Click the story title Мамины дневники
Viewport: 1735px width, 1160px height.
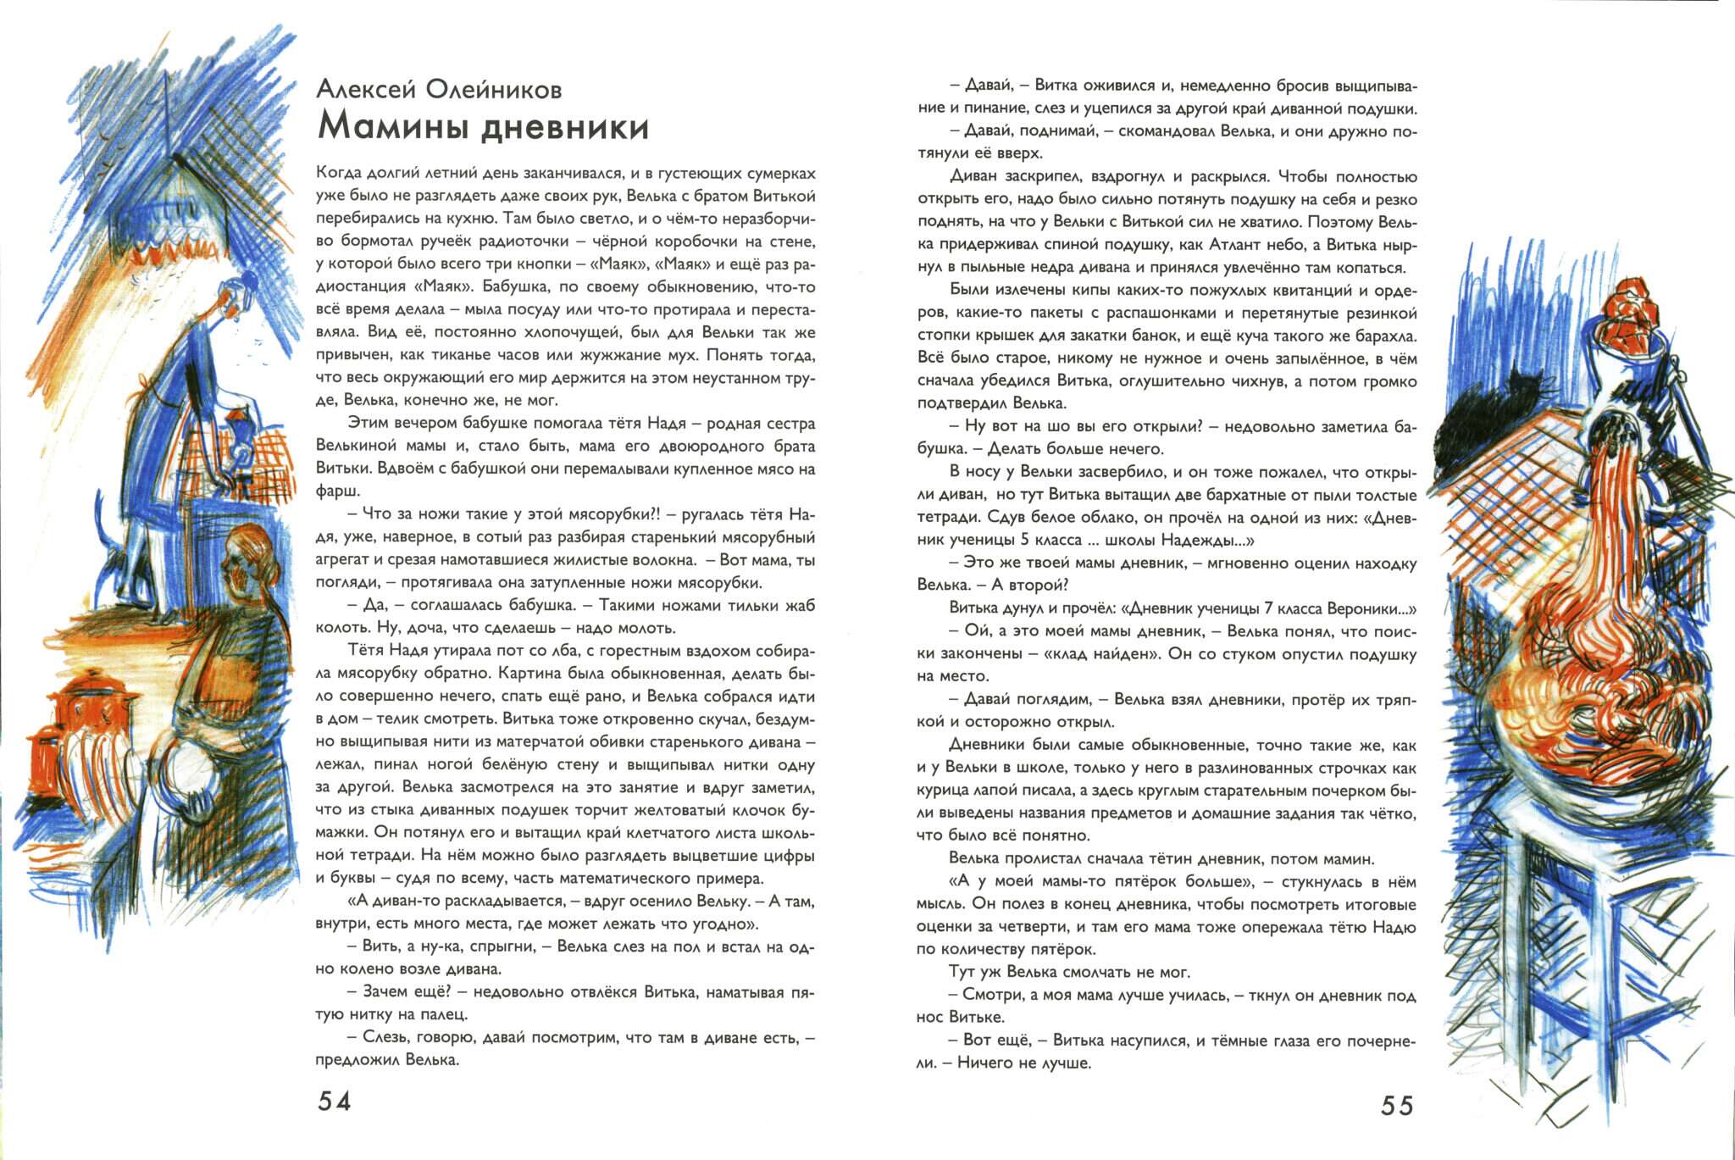pos(483,127)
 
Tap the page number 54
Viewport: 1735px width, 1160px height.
pos(334,1101)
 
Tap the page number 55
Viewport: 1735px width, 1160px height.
pos(1397,1105)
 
